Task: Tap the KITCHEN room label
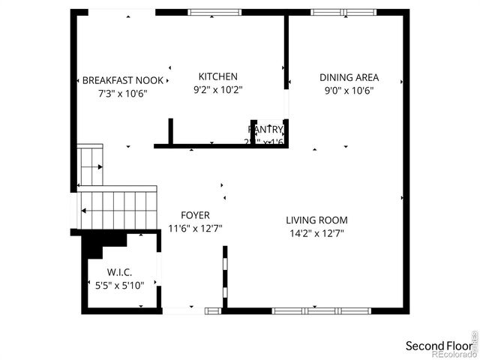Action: pos(217,76)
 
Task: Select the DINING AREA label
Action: pos(349,77)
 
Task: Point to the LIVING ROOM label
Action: pos(316,220)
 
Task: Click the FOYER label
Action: pos(195,215)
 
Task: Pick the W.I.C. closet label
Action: pos(121,272)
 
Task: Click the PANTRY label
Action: pos(266,129)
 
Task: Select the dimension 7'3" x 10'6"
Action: pos(122,94)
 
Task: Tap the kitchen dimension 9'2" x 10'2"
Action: pos(217,90)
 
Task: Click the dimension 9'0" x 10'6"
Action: pos(349,91)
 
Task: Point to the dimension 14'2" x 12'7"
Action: pos(316,233)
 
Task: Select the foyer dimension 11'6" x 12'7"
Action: pos(195,229)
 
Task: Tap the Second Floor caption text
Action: pos(439,346)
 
